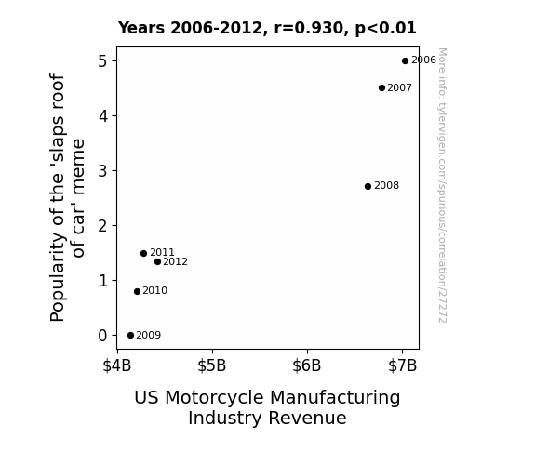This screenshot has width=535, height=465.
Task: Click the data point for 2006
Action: (405, 61)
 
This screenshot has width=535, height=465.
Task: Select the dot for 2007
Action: (381, 88)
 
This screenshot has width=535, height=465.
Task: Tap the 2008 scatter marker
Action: (368, 186)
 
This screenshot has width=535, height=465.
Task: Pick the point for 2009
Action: (130, 336)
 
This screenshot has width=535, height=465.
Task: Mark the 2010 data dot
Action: (137, 291)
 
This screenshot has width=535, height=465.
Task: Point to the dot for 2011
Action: (143, 253)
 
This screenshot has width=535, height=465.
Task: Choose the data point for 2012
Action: (157, 262)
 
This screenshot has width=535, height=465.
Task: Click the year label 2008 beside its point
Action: (386, 186)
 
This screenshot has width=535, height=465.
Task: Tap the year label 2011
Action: (163, 252)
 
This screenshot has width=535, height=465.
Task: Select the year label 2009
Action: (149, 335)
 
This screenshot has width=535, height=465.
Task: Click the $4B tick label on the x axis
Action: (117, 365)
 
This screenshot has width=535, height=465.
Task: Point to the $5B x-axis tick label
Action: (212, 365)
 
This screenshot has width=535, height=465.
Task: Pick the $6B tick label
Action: (307, 365)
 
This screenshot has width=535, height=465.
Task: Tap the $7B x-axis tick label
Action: (403, 365)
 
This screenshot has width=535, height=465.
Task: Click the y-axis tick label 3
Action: (102, 170)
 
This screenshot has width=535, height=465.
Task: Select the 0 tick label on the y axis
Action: (102, 336)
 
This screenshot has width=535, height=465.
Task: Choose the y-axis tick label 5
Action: (102, 61)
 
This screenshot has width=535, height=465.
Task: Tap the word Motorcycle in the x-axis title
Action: (214, 398)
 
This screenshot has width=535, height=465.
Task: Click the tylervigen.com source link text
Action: (442, 185)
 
